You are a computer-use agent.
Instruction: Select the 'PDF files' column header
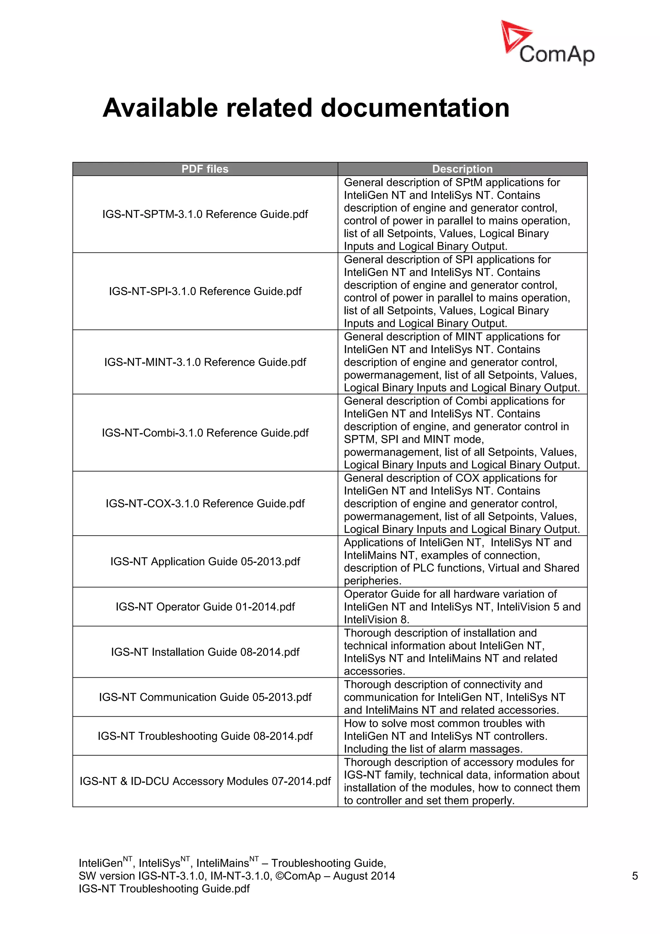pyautogui.click(x=205, y=169)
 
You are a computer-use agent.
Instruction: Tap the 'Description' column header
pyautogui.click(x=462, y=169)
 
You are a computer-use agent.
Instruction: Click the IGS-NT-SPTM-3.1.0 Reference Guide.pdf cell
pyautogui.click(x=205, y=214)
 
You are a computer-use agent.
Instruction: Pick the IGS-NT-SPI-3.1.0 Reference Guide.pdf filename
pyautogui.click(x=205, y=291)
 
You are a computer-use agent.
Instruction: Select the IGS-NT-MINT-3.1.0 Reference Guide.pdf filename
pyautogui.click(x=205, y=362)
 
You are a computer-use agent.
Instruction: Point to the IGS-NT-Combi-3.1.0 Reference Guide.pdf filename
pyautogui.click(x=205, y=433)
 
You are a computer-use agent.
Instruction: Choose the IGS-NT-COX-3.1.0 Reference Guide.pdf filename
pyautogui.click(x=205, y=504)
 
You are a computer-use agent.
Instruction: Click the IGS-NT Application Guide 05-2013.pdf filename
pyautogui.click(x=205, y=561)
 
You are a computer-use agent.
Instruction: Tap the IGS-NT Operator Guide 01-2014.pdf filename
pyautogui.click(x=205, y=607)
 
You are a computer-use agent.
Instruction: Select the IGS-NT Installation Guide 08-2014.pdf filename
pyautogui.click(x=205, y=652)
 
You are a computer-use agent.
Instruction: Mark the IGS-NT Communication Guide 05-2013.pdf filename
pyautogui.click(x=205, y=697)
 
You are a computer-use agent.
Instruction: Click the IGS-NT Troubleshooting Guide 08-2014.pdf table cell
pyautogui.click(x=205, y=736)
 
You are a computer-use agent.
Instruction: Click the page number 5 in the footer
pyautogui.click(x=635, y=876)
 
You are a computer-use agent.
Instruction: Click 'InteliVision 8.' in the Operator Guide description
pyautogui.click(x=376, y=620)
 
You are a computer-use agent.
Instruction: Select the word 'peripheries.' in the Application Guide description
pyautogui.click(x=372, y=581)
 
